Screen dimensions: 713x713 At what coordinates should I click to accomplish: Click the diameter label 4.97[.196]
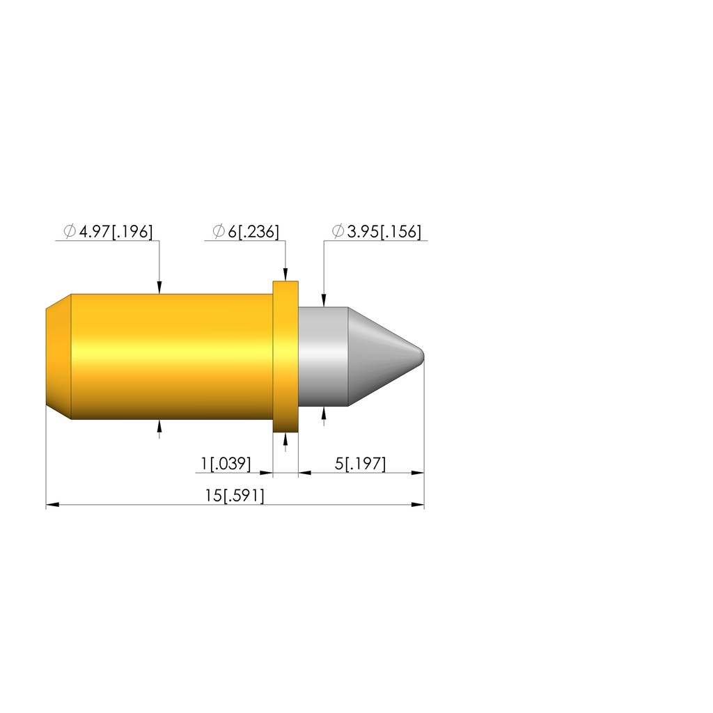(x=116, y=231)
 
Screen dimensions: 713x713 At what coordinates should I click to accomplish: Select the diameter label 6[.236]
(x=253, y=231)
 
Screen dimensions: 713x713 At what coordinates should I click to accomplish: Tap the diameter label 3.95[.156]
(x=384, y=231)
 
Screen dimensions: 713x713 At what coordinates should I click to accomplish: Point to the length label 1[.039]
(x=226, y=464)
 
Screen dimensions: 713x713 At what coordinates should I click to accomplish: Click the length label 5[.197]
(x=360, y=464)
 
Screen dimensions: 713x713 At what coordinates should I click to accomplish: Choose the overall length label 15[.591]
(x=234, y=495)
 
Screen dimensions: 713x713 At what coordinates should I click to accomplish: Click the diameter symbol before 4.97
(x=70, y=231)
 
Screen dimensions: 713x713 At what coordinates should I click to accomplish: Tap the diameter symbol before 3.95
(x=338, y=231)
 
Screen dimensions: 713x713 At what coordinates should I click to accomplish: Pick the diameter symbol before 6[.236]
(x=219, y=231)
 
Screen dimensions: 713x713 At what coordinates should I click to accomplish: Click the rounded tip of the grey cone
(x=421, y=356)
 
